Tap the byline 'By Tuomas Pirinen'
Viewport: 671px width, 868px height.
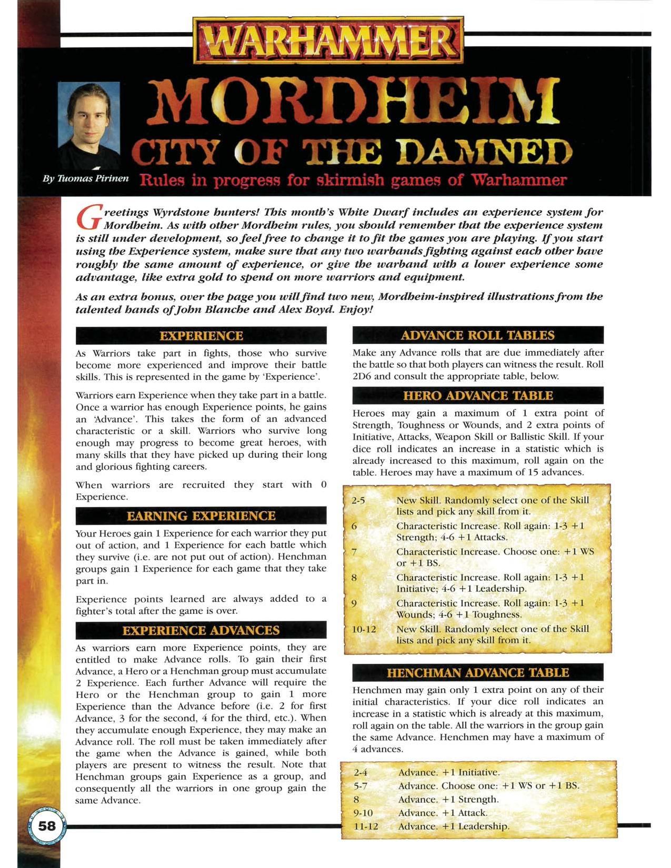point(86,178)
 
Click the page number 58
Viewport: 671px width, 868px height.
point(47,825)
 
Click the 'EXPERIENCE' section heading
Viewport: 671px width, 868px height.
point(201,336)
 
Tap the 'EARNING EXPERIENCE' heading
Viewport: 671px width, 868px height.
point(201,516)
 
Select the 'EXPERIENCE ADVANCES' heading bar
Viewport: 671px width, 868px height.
point(201,630)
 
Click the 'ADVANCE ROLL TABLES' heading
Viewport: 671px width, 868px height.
point(478,335)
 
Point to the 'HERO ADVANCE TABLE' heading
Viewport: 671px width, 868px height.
point(478,396)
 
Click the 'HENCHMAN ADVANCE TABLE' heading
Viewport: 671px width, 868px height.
point(478,672)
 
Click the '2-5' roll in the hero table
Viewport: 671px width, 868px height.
point(358,500)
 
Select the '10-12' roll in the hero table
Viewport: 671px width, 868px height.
point(364,629)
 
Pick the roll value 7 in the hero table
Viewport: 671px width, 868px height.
point(354,552)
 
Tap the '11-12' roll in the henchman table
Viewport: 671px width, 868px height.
point(366,826)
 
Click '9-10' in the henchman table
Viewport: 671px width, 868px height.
point(363,813)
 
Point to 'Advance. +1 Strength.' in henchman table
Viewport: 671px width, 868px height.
point(448,799)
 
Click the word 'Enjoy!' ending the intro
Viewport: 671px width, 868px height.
point(356,309)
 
